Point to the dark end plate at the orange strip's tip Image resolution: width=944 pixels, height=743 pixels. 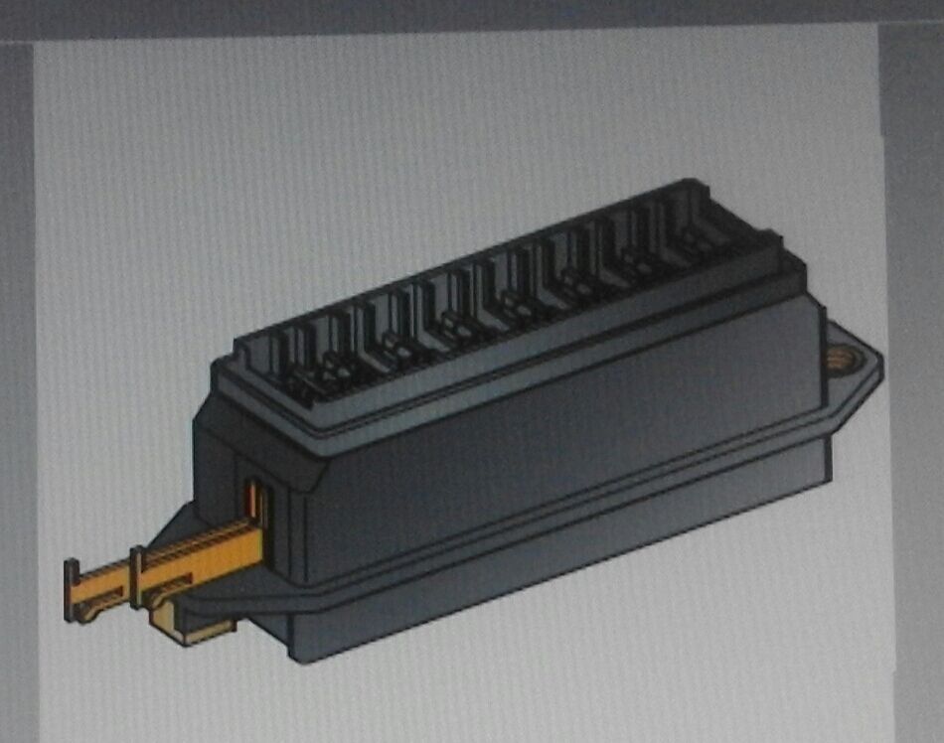72,590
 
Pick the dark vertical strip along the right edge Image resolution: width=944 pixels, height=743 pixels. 914,397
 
